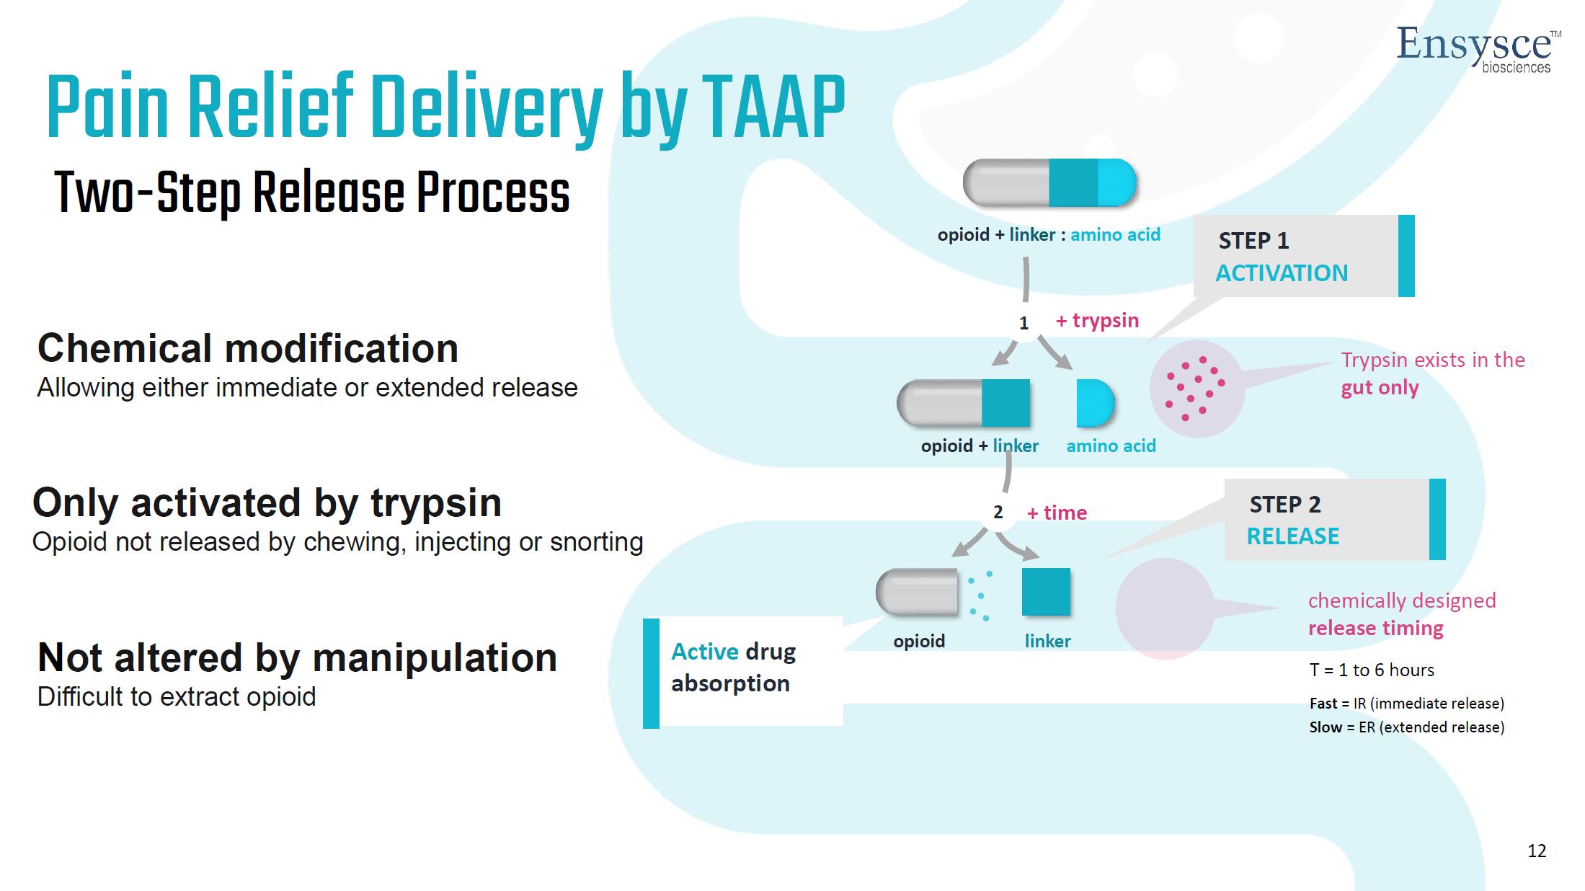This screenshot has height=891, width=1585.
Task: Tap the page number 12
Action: point(1537,851)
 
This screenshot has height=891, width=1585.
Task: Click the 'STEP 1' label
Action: point(1253,241)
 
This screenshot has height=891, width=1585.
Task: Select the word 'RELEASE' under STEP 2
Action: point(1293,536)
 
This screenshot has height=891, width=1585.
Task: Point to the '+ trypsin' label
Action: point(1098,320)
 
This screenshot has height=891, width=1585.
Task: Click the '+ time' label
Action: point(1057,513)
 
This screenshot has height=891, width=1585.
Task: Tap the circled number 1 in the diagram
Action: point(1024,323)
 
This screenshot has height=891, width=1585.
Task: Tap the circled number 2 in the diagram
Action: point(998,513)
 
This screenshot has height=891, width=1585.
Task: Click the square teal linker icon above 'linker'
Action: point(1046,592)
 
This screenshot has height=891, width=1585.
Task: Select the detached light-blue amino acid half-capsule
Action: point(1094,403)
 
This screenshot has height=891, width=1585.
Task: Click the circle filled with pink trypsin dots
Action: point(1196,389)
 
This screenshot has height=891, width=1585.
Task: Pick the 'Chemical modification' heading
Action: point(248,349)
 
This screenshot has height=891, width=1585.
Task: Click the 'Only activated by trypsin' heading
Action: point(267,502)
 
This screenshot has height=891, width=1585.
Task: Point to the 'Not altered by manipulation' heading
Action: point(297,657)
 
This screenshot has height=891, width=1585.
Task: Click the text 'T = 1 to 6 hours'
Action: point(1372,670)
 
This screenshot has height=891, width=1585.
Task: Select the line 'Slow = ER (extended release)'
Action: point(1406,727)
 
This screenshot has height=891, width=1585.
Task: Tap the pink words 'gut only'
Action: point(1380,388)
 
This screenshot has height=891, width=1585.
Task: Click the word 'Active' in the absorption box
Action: point(704,652)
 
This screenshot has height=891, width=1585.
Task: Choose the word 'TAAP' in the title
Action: point(773,108)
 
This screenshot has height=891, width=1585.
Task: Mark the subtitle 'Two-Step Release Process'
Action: point(312,193)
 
